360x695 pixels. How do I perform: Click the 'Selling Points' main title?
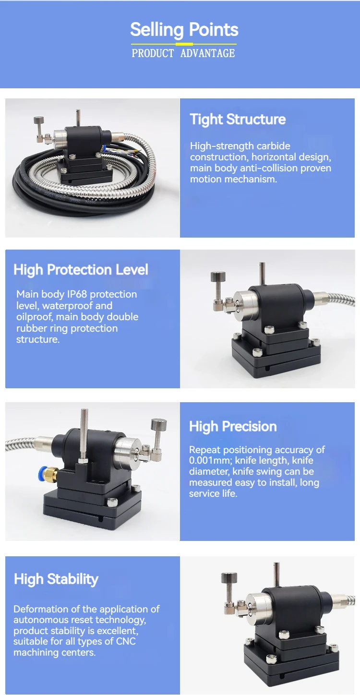pyautogui.click(x=184, y=30)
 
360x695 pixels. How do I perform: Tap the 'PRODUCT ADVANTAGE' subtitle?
pyautogui.click(x=183, y=53)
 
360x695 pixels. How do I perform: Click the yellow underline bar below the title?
pyautogui.click(x=184, y=44)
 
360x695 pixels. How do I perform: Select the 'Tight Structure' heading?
pyautogui.click(x=238, y=120)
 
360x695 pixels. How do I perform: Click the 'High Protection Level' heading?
pyautogui.click(x=81, y=270)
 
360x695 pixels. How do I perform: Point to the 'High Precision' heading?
pyautogui.click(x=233, y=426)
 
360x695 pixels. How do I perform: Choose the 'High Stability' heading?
pyautogui.click(x=56, y=579)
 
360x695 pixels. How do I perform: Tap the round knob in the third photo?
pyautogui.click(x=158, y=424)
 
